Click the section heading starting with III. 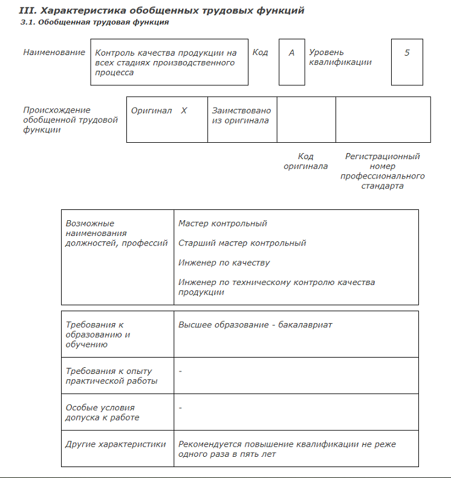tap(162, 10)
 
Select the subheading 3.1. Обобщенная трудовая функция tap(94, 22)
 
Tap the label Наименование tap(54, 53)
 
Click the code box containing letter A tap(291, 62)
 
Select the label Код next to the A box tap(261, 53)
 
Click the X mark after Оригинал tap(184, 111)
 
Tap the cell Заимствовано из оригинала tap(241, 116)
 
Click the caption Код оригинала tap(306, 162)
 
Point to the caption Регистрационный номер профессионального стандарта tap(382, 171)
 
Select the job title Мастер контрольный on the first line tap(222, 223)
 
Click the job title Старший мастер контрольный tap(242, 243)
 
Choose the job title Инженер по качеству tap(224, 263)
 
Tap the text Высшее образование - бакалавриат tap(255, 325)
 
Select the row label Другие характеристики tap(115, 444)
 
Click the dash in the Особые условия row tap(180, 408)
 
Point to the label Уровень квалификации tap(340, 57)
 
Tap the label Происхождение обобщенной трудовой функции tap(70, 120)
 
